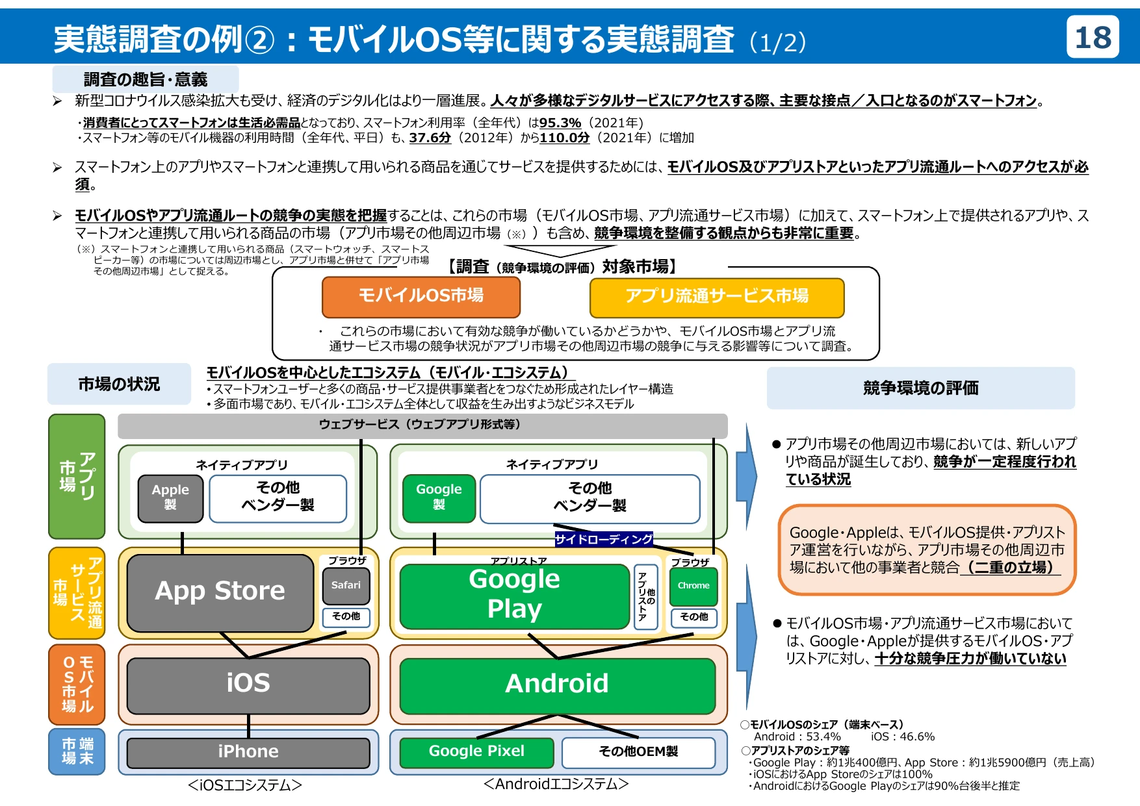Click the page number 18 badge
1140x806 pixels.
1093,38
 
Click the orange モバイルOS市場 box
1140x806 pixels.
421,296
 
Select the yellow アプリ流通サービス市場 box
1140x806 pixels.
716,297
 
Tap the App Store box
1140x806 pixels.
220,592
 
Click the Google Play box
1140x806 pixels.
514,594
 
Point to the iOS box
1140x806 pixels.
248,684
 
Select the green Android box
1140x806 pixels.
557,684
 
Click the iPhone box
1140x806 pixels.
248,751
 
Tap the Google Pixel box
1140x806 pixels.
476,751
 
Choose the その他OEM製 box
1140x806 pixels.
638,751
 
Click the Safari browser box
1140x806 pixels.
346,585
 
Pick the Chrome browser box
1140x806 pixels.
693,586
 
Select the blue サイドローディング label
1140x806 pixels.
604,539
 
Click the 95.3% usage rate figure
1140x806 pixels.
560,123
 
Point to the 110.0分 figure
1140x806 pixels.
564,138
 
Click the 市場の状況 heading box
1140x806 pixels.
119,384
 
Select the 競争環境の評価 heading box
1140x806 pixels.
920,388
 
